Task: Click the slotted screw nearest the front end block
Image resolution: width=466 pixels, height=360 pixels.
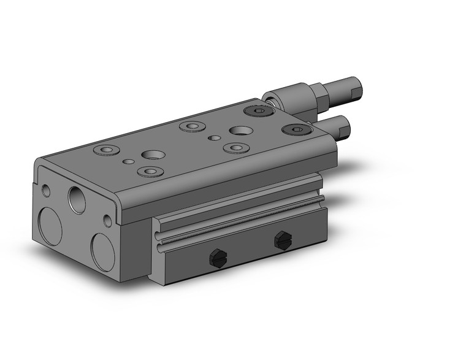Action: pos(216,258)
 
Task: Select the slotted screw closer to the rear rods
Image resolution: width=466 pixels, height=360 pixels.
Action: pos(282,241)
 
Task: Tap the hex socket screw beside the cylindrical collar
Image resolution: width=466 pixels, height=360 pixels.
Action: pos(256,111)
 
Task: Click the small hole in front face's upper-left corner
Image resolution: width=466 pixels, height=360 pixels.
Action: pos(46,190)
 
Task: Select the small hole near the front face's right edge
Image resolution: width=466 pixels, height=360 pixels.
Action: pos(108,220)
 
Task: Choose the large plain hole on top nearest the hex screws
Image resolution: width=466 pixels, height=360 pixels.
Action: pos(240,131)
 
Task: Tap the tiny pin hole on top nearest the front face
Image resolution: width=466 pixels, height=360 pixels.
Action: pos(128,162)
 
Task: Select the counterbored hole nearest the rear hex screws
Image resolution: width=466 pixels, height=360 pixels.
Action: pos(235,148)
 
